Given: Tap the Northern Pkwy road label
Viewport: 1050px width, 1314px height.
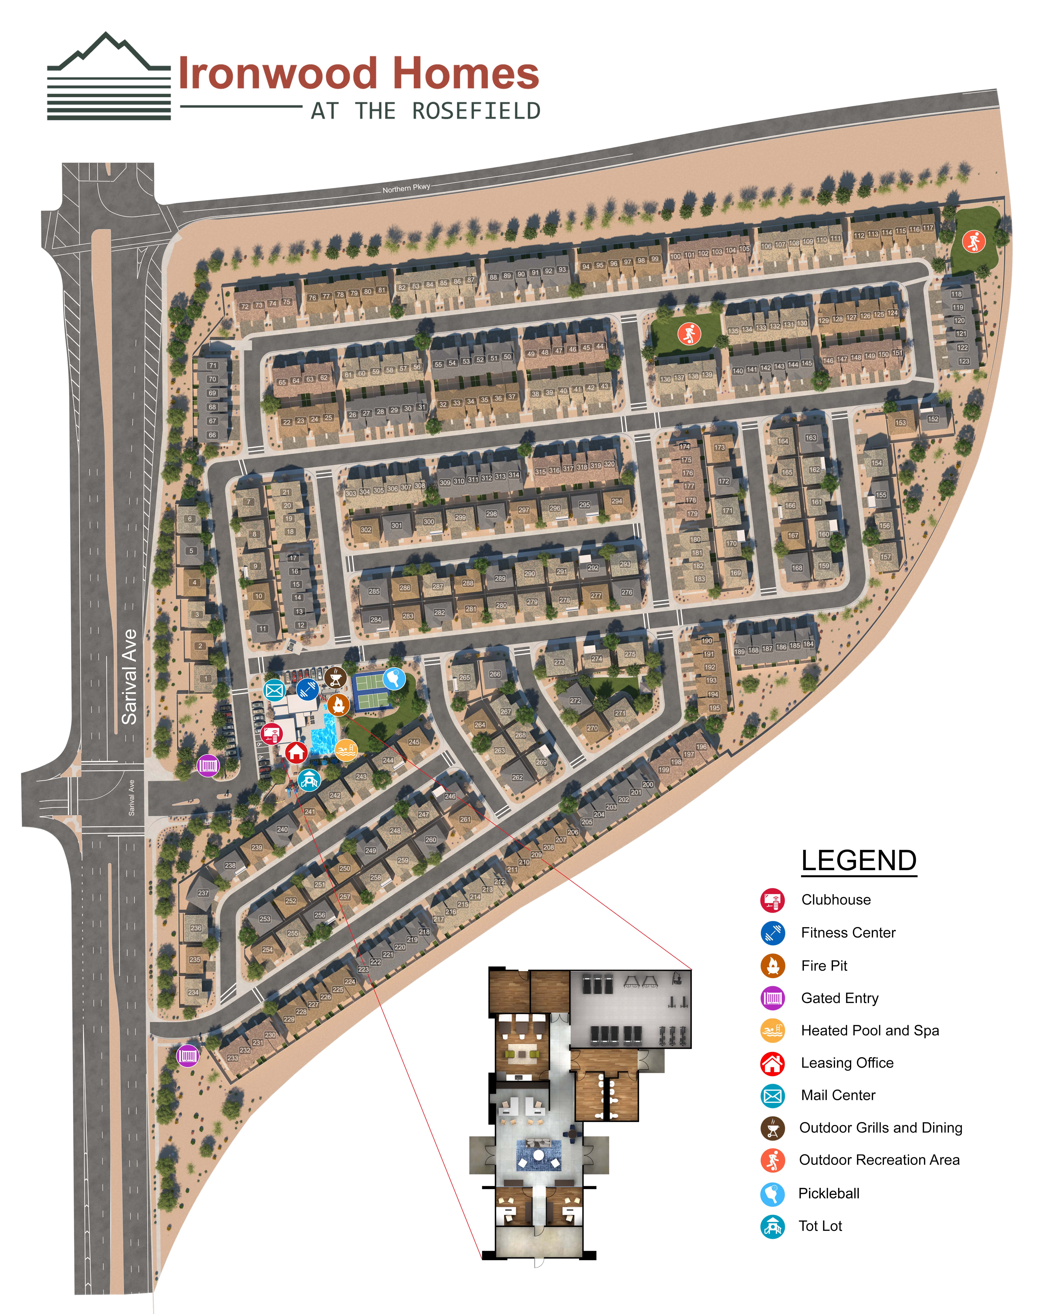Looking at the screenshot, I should tap(406, 188).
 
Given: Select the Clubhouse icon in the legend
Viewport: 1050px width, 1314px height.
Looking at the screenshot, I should tap(772, 900).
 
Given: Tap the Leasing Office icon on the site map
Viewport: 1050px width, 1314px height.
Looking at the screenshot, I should tap(296, 752).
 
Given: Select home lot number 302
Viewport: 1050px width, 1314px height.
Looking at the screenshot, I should tap(366, 530).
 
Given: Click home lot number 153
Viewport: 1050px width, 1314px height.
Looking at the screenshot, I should tap(900, 422).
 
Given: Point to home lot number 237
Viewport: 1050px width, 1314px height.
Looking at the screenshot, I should tap(203, 893).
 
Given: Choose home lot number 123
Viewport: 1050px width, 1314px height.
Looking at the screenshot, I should tap(963, 361).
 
